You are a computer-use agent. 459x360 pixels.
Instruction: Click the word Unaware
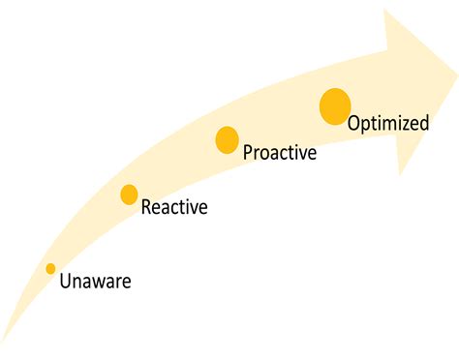point(95,282)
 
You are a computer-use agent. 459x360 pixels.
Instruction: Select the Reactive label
point(174,206)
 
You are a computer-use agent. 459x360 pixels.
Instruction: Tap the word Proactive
point(279,152)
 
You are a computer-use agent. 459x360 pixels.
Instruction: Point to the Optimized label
point(387,123)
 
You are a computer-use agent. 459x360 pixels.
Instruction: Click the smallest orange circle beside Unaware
point(50,268)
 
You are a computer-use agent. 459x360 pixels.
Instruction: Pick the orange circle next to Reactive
point(129,195)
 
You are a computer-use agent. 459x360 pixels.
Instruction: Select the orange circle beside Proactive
point(227,140)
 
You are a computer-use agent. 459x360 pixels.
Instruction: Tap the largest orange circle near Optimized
point(335,106)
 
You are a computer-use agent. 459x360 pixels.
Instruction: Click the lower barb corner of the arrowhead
point(399,175)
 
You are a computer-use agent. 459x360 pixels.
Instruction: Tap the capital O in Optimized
point(355,123)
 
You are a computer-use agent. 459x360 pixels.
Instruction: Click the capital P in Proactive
point(248,152)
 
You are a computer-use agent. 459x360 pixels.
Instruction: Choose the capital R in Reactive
point(146,206)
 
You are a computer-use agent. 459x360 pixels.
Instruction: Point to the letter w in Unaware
point(99,283)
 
